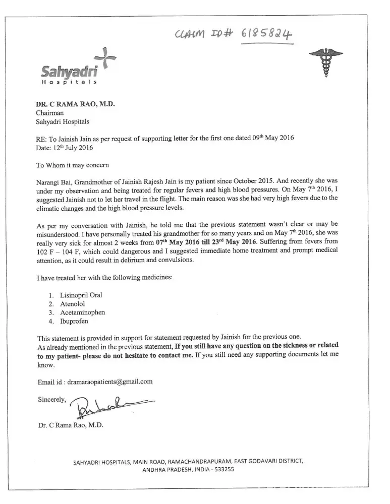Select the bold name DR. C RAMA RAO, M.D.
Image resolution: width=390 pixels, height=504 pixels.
(75, 104)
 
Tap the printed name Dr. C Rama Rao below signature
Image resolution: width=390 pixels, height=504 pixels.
(70, 425)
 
